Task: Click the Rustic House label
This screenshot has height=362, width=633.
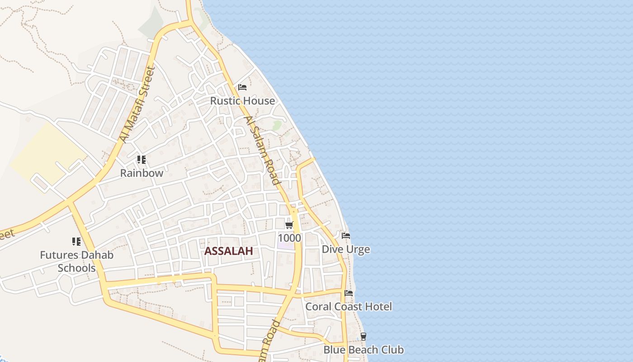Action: (x=242, y=101)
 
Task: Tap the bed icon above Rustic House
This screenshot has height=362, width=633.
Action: (x=242, y=87)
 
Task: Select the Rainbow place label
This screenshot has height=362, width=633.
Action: (x=142, y=173)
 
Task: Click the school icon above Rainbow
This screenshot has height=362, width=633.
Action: (x=142, y=160)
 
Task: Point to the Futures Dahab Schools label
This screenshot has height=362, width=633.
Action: (x=76, y=261)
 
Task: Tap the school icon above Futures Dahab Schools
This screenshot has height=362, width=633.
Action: (x=76, y=242)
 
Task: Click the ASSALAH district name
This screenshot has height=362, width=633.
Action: (x=228, y=251)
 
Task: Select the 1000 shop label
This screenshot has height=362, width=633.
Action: (x=289, y=238)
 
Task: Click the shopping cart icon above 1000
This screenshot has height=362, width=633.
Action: (x=289, y=225)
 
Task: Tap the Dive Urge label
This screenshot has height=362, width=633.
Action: (x=346, y=249)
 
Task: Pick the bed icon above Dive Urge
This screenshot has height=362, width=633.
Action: (x=346, y=236)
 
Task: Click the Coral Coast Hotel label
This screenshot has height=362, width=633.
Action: (x=349, y=306)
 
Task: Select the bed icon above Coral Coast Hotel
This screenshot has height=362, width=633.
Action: (x=349, y=293)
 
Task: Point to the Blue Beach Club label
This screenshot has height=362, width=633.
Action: (x=364, y=350)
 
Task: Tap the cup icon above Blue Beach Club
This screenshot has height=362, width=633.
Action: (x=364, y=337)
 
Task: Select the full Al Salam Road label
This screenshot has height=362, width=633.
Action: (x=262, y=150)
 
